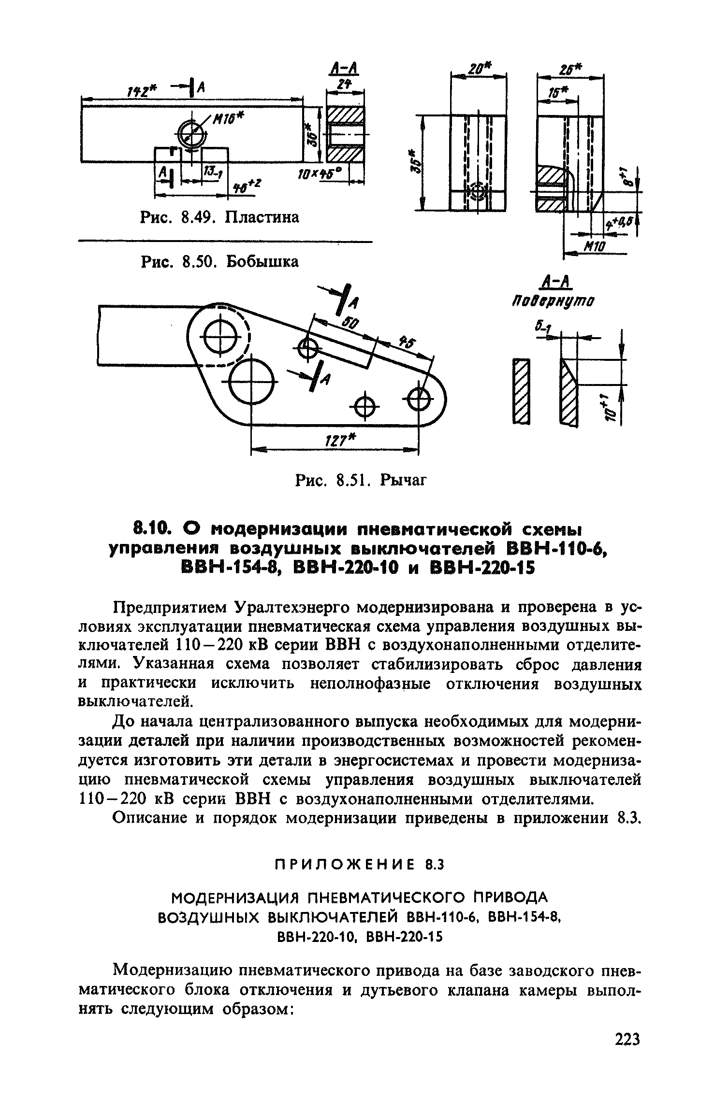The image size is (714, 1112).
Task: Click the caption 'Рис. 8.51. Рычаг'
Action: (361, 480)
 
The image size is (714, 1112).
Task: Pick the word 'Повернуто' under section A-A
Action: (554, 301)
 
